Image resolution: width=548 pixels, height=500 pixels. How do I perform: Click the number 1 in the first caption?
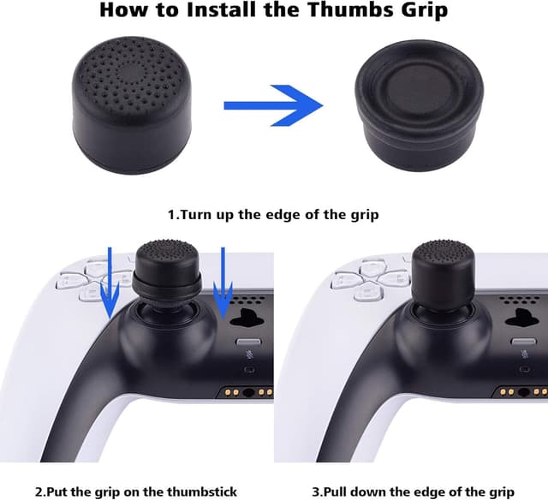pos(170,213)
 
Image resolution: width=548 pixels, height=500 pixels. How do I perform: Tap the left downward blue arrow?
pos(110,283)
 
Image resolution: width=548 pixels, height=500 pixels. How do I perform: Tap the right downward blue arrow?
pos(223,282)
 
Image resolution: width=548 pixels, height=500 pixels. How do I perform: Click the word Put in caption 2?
pos(60,491)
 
